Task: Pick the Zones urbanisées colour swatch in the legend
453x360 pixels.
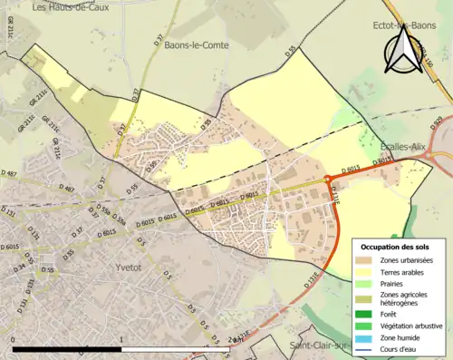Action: coord(365,260)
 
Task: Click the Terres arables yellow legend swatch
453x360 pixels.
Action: coord(365,272)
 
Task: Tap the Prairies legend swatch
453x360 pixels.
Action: coord(365,284)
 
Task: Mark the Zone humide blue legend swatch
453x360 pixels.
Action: coord(365,338)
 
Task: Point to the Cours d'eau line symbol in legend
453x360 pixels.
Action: coord(365,350)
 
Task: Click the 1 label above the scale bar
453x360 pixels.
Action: coord(121,337)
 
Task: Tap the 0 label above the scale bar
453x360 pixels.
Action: coord(14,337)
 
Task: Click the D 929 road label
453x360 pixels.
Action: coord(439,123)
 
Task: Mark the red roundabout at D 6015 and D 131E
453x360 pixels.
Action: coord(328,179)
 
